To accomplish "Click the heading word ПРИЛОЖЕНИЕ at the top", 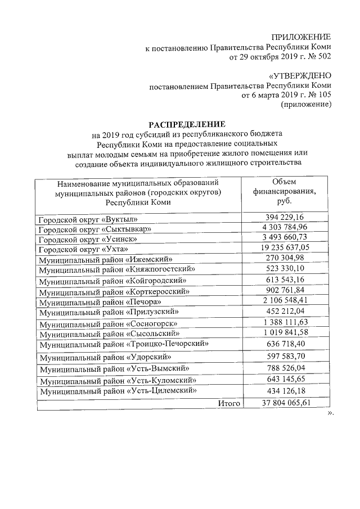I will [x=301, y=37].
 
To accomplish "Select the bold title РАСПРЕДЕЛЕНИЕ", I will [x=186, y=124].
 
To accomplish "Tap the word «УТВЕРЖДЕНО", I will [x=300, y=75].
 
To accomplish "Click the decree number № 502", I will [x=318, y=57].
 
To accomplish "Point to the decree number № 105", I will [x=318, y=95].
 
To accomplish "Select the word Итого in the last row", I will [x=228, y=403].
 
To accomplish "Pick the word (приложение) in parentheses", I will [x=306, y=105].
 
